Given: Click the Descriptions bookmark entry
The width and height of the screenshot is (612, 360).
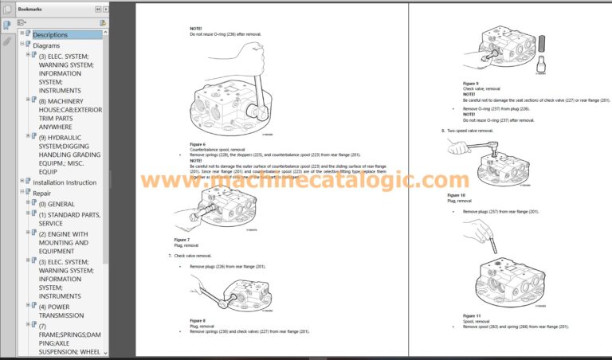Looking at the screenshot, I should [50, 35].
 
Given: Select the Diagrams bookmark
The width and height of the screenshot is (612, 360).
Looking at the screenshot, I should [46, 45].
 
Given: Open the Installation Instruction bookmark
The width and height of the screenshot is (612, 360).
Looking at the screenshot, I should [65, 182].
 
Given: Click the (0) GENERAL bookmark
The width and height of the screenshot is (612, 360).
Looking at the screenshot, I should [56, 204].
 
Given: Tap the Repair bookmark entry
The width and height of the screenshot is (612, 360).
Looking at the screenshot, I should [42, 194].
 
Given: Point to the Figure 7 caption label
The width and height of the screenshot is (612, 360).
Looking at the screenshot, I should [182, 240].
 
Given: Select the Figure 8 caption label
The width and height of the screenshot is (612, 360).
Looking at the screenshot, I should [198, 320].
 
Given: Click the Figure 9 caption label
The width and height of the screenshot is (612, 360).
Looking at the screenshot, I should [470, 83].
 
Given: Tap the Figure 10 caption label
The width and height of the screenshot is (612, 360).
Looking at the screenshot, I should [456, 195].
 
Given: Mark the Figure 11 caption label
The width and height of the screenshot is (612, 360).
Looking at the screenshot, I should [472, 315].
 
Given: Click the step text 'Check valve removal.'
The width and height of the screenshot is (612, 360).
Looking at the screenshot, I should [194, 255].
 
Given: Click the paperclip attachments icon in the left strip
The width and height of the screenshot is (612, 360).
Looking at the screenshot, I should [6, 41].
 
